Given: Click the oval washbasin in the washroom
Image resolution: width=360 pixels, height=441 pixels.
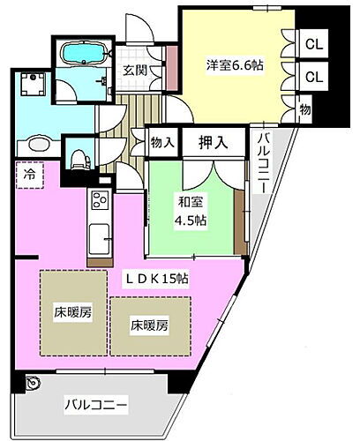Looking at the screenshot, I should (38, 146).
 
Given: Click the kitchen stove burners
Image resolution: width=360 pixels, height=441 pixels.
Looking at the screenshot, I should (97, 201).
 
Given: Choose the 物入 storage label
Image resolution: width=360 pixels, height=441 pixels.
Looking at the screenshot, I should (161, 141).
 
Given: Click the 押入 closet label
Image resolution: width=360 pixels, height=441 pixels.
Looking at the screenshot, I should (210, 140).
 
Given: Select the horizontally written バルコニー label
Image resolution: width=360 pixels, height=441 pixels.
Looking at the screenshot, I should (97, 406).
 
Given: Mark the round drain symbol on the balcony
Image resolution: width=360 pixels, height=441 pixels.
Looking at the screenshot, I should (34, 384).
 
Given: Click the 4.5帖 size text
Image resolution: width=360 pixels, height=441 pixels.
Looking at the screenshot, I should (191, 221).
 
